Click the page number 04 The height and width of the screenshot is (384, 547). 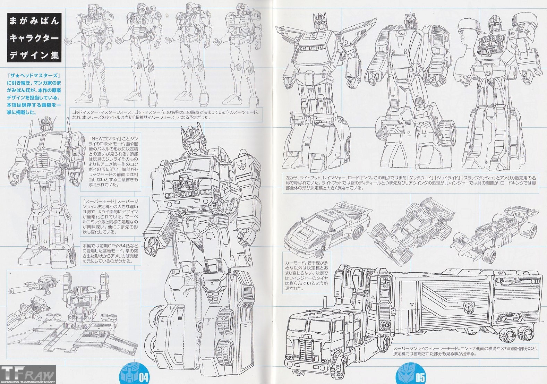click(x=144, y=377)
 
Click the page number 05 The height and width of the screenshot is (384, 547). click(x=420, y=377)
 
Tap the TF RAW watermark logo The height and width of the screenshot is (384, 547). click(x=28, y=374)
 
